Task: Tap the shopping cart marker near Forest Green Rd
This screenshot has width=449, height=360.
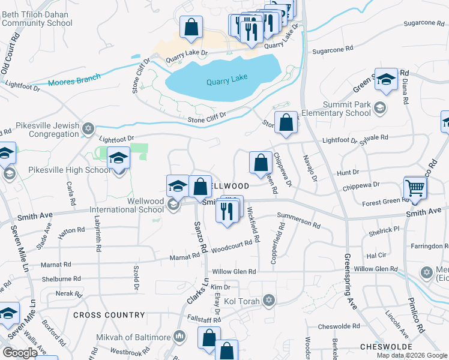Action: (x=415, y=188)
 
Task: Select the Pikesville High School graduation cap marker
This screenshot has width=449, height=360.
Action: (x=119, y=158)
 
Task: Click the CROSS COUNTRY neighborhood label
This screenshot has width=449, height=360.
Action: (x=109, y=315)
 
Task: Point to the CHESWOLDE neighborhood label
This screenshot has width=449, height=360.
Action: (x=386, y=347)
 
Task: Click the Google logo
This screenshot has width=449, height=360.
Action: (x=20, y=352)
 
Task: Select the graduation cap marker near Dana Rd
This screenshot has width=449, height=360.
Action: (x=386, y=80)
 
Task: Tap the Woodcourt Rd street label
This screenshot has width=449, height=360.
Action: (x=231, y=245)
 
